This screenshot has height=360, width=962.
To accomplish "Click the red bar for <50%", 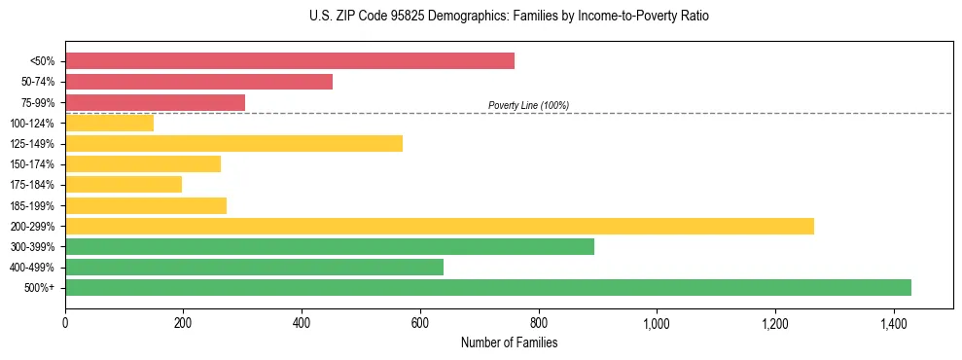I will click(x=290, y=61).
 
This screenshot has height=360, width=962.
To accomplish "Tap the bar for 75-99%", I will click(x=155, y=102).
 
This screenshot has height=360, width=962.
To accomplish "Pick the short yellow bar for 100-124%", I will click(x=109, y=123).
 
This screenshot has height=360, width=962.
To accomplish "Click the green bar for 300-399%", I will click(x=329, y=247).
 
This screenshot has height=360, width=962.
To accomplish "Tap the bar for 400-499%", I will click(x=254, y=268).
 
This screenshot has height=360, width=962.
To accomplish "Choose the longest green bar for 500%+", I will click(x=487, y=288).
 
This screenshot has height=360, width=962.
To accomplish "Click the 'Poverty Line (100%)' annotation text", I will click(x=528, y=105).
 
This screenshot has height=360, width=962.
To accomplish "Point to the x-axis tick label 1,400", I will click(x=893, y=322).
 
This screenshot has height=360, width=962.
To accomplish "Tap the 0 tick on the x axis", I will click(x=65, y=322).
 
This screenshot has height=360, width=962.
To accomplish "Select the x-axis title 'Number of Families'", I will click(x=509, y=342).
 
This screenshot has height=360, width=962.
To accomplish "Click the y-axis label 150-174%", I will click(x=32, y=164).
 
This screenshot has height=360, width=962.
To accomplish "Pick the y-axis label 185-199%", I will click(x=32, y=205).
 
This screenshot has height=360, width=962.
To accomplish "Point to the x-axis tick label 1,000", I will click(x=657, y=322).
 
